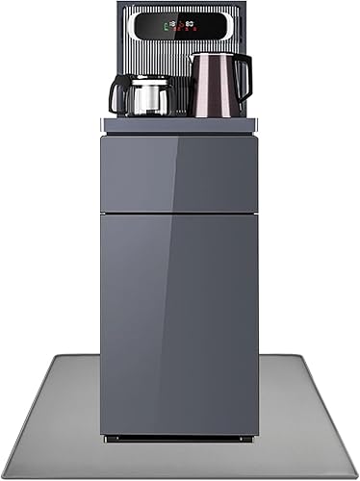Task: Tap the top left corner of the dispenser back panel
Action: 119,6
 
